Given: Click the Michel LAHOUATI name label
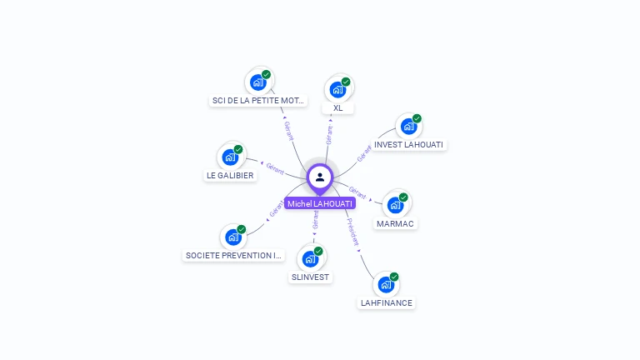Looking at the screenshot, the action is pyautogui.click(x=320, y=203).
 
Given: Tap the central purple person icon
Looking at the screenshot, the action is pyautogui.click(x=320, y=177).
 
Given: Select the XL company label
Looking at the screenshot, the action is pyautogui.click(x=338, y=108).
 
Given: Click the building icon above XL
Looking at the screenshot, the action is pyautogui.click(x=338, y=88).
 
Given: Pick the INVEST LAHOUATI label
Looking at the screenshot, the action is pyautogui.click(x=409, y=145).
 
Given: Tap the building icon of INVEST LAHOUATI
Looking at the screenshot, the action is pyautogui.click(x=408, y=126).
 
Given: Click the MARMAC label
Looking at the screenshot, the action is pyautogui.click(x=395, y=224).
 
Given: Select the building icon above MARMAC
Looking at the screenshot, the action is pyautogui.click(x=395, y=204).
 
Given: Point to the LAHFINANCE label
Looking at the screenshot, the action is pyautogui.click(x=386, y=303).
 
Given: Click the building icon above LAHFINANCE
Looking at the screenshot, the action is pyautogui.click(x=386, y=284).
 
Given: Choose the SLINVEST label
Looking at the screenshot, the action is pyautogui.click(x=311, y=277).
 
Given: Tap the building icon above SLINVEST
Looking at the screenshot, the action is pyautogui.click(x=311, y=257).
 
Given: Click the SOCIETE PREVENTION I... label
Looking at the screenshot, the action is pyautogui.click(x=234, y=256).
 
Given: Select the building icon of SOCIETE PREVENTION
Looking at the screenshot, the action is pyautogui.click(x=233, y=237).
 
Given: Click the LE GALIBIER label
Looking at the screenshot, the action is pyautogui.click(x=230, y=176).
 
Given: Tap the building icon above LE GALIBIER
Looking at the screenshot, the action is pyautogui.click(x=230, y=156).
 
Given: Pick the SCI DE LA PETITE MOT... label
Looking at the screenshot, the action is pyautogui.click(x=258, y=101).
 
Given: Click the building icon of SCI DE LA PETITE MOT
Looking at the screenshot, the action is pyautogui.click(x=258, y=82).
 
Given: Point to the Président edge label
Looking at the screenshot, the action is pyautogui.click(x=353, y=231).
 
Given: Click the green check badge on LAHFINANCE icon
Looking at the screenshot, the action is pyautogui.click(x=394, y=277).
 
